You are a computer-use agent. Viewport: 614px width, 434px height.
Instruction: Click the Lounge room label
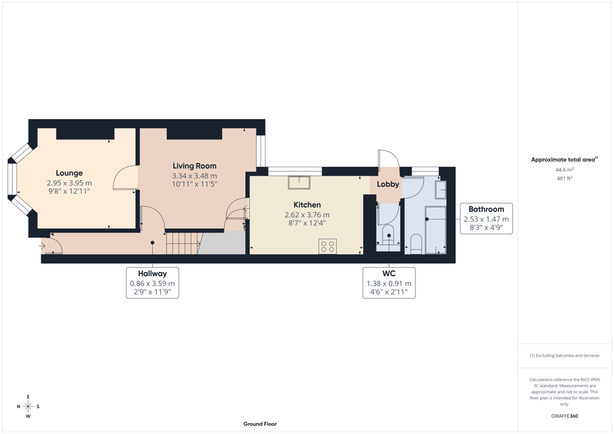point(70,173)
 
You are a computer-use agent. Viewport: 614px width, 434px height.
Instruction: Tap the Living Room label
point(195,166)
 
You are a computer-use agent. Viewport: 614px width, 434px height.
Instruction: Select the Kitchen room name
point(308,204)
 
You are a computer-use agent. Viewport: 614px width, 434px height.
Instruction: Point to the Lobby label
point(388,184)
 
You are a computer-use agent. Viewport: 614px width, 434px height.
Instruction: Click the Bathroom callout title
point(486,209)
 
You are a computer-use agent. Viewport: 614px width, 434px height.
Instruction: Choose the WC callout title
point(389,273)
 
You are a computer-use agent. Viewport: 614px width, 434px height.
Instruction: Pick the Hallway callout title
point(152,273)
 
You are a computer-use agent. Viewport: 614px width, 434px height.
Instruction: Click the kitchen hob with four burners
point(328,246)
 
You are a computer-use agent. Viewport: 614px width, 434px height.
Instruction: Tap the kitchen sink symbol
point(299,182)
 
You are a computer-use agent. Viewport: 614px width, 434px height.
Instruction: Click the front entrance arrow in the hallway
point(43,246)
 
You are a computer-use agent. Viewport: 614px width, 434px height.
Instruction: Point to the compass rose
point(28,406)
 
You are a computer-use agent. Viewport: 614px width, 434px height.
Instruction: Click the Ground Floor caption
point(260,424)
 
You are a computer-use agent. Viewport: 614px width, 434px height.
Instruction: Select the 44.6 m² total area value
point(565,170)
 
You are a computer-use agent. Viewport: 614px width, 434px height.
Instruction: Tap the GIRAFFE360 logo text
point(565,416)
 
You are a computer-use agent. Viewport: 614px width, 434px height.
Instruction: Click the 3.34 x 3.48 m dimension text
point(195,176)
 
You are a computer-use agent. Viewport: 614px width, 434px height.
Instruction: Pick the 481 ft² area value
point(565,179)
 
